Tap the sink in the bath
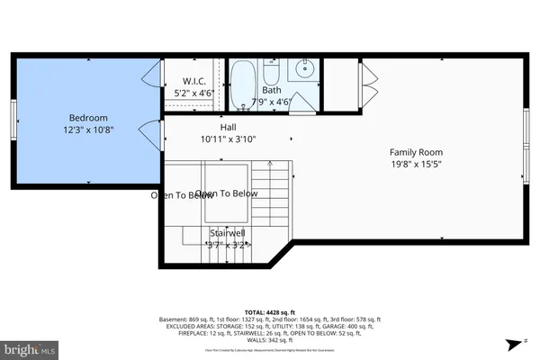[x=304, y=67]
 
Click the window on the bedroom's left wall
[x=13, y=115]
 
